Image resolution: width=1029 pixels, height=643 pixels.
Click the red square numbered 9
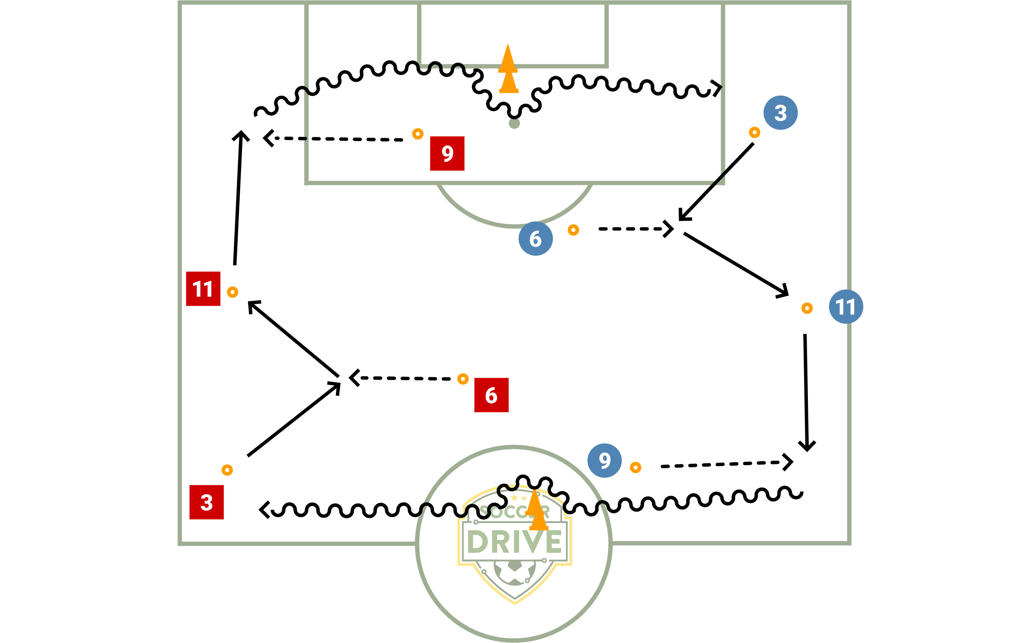click(447, 154)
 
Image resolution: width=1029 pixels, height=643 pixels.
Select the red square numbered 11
click(203, 289)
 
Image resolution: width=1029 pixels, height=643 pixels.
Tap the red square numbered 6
click(491, 395)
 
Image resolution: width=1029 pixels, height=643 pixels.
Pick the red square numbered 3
click(207, 502)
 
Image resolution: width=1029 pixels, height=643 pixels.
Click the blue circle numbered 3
click(780, 113)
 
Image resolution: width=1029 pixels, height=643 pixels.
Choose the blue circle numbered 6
click(535, 239)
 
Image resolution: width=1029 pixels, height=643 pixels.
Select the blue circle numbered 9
click(604, 461)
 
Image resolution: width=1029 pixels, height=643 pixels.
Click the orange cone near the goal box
click(508, 70)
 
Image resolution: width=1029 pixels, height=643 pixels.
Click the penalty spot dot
click(514, 124)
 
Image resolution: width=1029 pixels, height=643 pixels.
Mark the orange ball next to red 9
click(418, 134)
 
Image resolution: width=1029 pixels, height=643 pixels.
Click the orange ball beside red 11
click(232, 292)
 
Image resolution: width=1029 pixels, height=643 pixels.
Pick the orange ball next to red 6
click(463, 379)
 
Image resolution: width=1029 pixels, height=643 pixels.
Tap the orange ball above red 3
click(227, 470)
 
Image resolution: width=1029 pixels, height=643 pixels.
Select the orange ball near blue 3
click(754, 133)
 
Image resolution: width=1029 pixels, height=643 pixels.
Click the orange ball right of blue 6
click(573, 230)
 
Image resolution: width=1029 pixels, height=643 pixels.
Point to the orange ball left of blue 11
click(807, 308)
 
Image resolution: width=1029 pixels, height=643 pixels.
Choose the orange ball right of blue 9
click(635, 468)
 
